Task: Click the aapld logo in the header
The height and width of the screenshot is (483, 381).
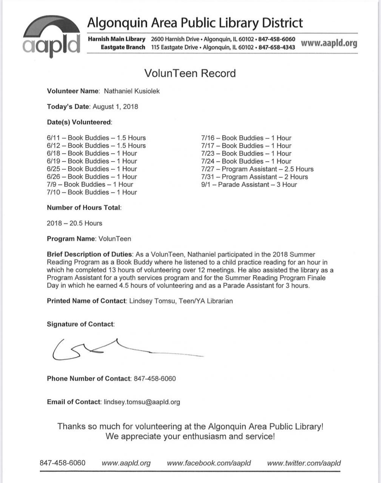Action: (52, 37)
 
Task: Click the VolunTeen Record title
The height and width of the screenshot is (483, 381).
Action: (190, 73)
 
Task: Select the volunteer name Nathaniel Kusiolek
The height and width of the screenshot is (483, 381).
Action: (132, 91)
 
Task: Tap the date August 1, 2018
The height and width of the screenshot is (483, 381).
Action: (115, 106)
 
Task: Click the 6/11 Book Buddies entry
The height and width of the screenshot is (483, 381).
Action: (96, 138)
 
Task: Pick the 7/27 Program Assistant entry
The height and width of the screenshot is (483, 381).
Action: (257, 169)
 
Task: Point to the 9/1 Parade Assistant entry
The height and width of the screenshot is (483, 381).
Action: (249, 185)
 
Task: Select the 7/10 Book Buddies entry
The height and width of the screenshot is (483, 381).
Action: (92, 192)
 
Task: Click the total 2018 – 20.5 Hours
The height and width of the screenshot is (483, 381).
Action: (74, 223)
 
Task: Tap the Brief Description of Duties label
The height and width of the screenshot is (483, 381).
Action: (89, 254)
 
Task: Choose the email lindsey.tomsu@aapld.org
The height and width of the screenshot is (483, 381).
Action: (142, 402)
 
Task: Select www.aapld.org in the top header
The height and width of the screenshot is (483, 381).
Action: (329, 43)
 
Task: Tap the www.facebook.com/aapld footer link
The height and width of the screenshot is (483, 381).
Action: (208, 463)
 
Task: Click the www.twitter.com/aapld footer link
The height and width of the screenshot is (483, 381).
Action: (304, 463)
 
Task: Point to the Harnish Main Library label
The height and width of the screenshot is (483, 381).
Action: (116, 39)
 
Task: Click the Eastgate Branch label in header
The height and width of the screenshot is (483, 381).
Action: (123, 47)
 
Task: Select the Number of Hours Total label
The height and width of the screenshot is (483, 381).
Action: (84, 208)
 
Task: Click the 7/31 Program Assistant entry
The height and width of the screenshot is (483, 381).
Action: (255, 177)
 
